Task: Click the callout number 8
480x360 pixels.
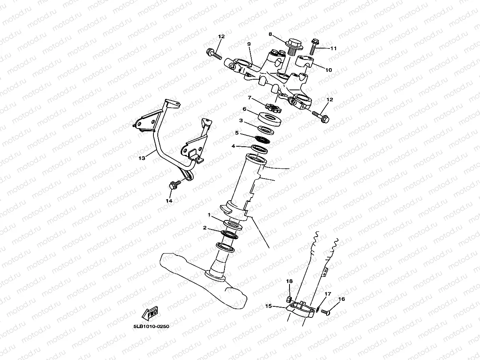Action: pyautogui.click(x=270, y=34)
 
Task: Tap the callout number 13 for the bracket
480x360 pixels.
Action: pyautogui.click(x=142, y=158)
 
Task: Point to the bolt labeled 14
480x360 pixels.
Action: pyautogui.click(x=174, y=184)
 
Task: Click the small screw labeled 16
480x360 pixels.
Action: pyautogui.click(x=325, y=312)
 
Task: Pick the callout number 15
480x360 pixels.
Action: pyautogui.click(x=268, y=306)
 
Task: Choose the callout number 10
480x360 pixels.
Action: pyautogui.click(x=329, y=70)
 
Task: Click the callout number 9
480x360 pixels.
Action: pyautogui.click(x=249, y=44)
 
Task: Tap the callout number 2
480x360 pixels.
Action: pyautogui.click(x=205, y=228)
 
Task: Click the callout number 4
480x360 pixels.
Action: pyautogui.click(x=233, y=146)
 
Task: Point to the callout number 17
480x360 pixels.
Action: pyautogui.click(x=327, y=294)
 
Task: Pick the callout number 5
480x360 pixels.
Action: pyautogui.click(x=237, y=133)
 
